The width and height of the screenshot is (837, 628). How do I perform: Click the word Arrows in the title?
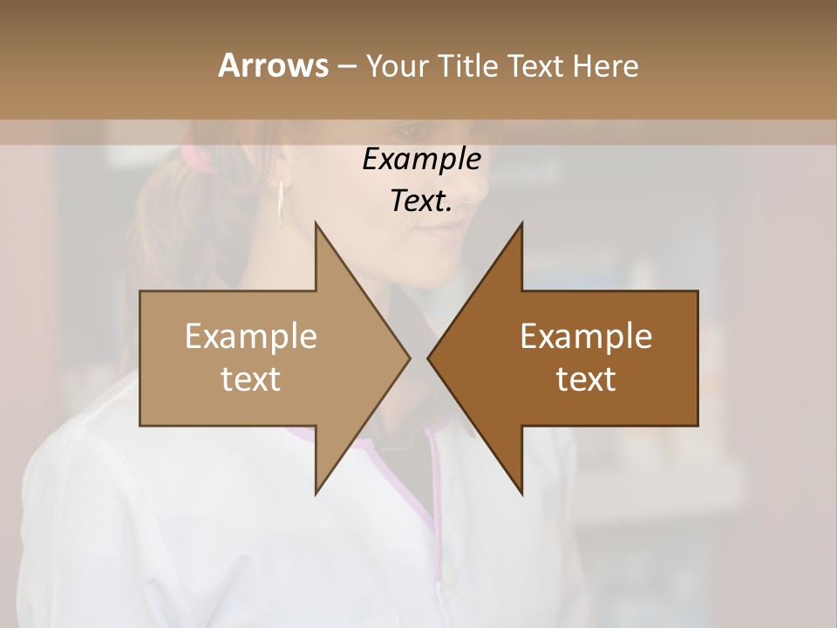coord(273,65)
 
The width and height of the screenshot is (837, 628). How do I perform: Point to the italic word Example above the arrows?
coord(421,160)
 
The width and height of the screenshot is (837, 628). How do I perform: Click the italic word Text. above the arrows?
coord(421,201)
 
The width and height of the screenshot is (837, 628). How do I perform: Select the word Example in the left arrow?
coord(251,337)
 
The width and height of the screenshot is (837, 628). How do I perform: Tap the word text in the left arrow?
coord(251,379)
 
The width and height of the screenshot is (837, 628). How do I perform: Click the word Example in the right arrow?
coord(586,337)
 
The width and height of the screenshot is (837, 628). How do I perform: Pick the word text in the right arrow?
coord(586,379)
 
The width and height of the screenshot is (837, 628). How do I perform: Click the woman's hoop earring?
coord(281,205)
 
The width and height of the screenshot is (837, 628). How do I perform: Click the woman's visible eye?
coord(417,132)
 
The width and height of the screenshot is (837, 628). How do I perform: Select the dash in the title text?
coord(346,66)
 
